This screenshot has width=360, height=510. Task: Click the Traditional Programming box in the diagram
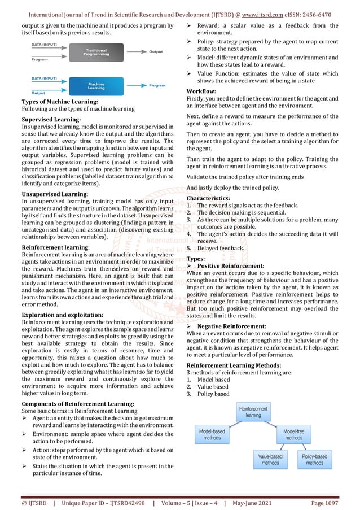[96, 53]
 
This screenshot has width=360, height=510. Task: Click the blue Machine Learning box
[96, 86]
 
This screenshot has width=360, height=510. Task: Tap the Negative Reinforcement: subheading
[232, 326]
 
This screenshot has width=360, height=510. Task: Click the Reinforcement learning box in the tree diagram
[253, 411]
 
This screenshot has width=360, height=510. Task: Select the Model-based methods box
[212, 434]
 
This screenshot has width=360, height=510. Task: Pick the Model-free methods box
[293, 434]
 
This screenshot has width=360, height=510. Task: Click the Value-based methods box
[270, 459]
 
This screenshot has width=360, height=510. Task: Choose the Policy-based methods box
[314, 459]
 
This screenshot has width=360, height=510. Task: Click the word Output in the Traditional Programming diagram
[156, 51]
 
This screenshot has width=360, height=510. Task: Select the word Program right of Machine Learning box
[157, 85]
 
